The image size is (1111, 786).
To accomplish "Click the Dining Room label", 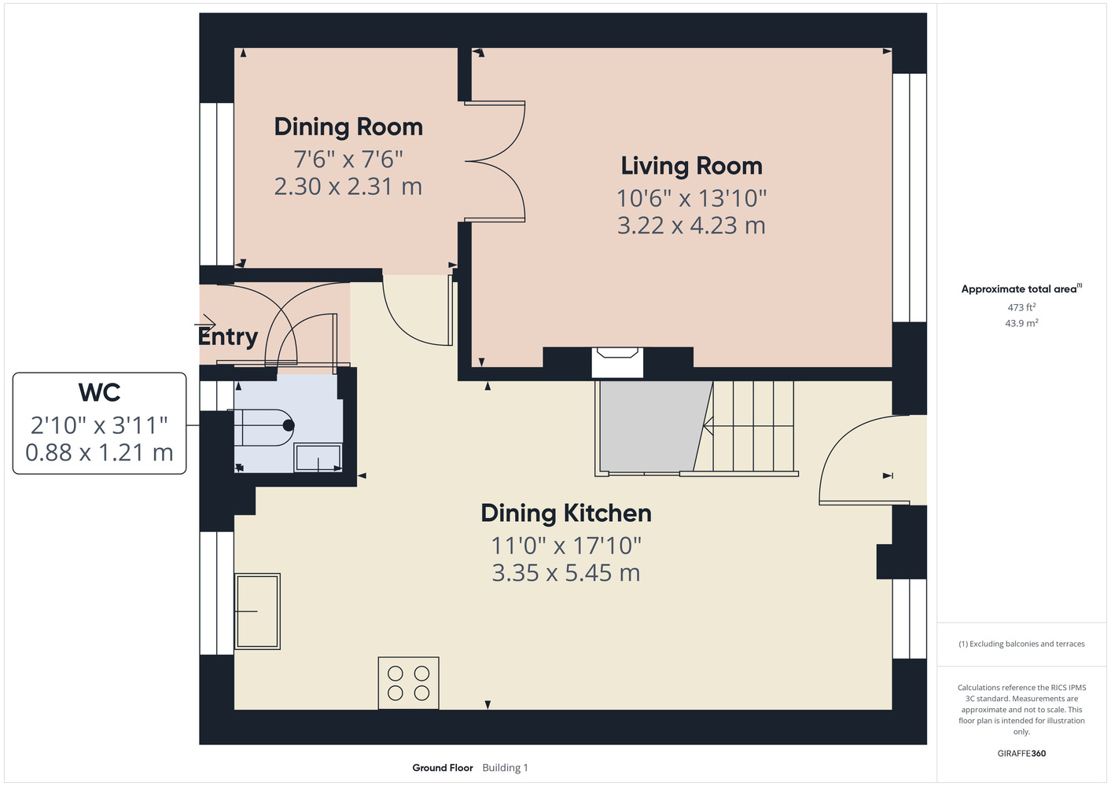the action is [x=348, y=127].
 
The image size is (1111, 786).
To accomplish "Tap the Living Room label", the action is [x=691, y=166].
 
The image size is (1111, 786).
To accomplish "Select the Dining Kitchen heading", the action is [x=566, y=513].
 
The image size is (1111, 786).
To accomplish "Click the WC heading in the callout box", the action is [x=99, y=392].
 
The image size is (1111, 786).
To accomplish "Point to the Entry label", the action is [x=228, y=336].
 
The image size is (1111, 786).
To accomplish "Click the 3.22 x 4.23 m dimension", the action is [x=691, y=226].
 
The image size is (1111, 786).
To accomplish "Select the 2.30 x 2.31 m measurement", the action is [x=348, y=187].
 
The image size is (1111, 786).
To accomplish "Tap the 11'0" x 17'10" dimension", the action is [x=566, y=546].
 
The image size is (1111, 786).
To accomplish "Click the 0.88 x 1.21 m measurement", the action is [x=99, y=452].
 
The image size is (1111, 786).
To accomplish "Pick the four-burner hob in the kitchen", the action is [x=408, y=683].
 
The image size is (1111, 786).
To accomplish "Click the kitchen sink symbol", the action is [x=257, y=612].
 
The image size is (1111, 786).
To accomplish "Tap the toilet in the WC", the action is [x=261, y=427].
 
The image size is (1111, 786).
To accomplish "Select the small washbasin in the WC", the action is [x=318, y=457].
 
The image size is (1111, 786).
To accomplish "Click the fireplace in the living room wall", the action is [x=617, y=362].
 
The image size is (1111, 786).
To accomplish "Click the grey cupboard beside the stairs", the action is [x=653, y=426].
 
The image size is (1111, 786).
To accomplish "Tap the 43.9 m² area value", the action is [x=1021, y=323].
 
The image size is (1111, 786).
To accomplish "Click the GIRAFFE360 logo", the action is [x=1021, y=753].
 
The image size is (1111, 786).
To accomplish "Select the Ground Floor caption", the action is [x=443, y=768].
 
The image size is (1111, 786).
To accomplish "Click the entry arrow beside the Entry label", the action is [x=205, y=325].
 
